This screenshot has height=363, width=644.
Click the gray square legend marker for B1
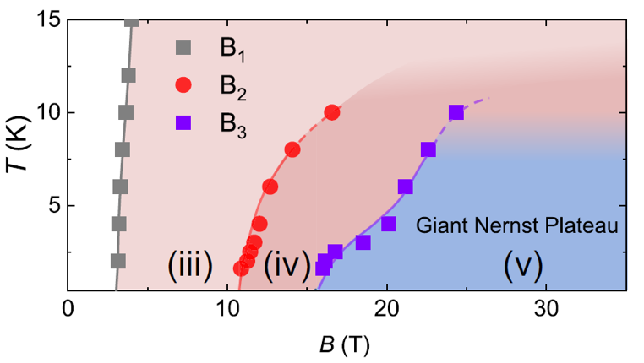183,46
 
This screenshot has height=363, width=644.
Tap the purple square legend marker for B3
183,122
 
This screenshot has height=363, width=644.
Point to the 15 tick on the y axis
46,20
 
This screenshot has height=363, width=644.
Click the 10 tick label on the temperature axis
46,112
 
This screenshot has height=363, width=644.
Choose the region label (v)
522,266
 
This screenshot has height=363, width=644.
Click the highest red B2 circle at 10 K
331,112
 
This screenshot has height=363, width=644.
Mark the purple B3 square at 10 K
456,112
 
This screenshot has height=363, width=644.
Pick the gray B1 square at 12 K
128,75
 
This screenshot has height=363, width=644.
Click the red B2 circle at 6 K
270,187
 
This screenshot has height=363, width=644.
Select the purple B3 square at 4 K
388,224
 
